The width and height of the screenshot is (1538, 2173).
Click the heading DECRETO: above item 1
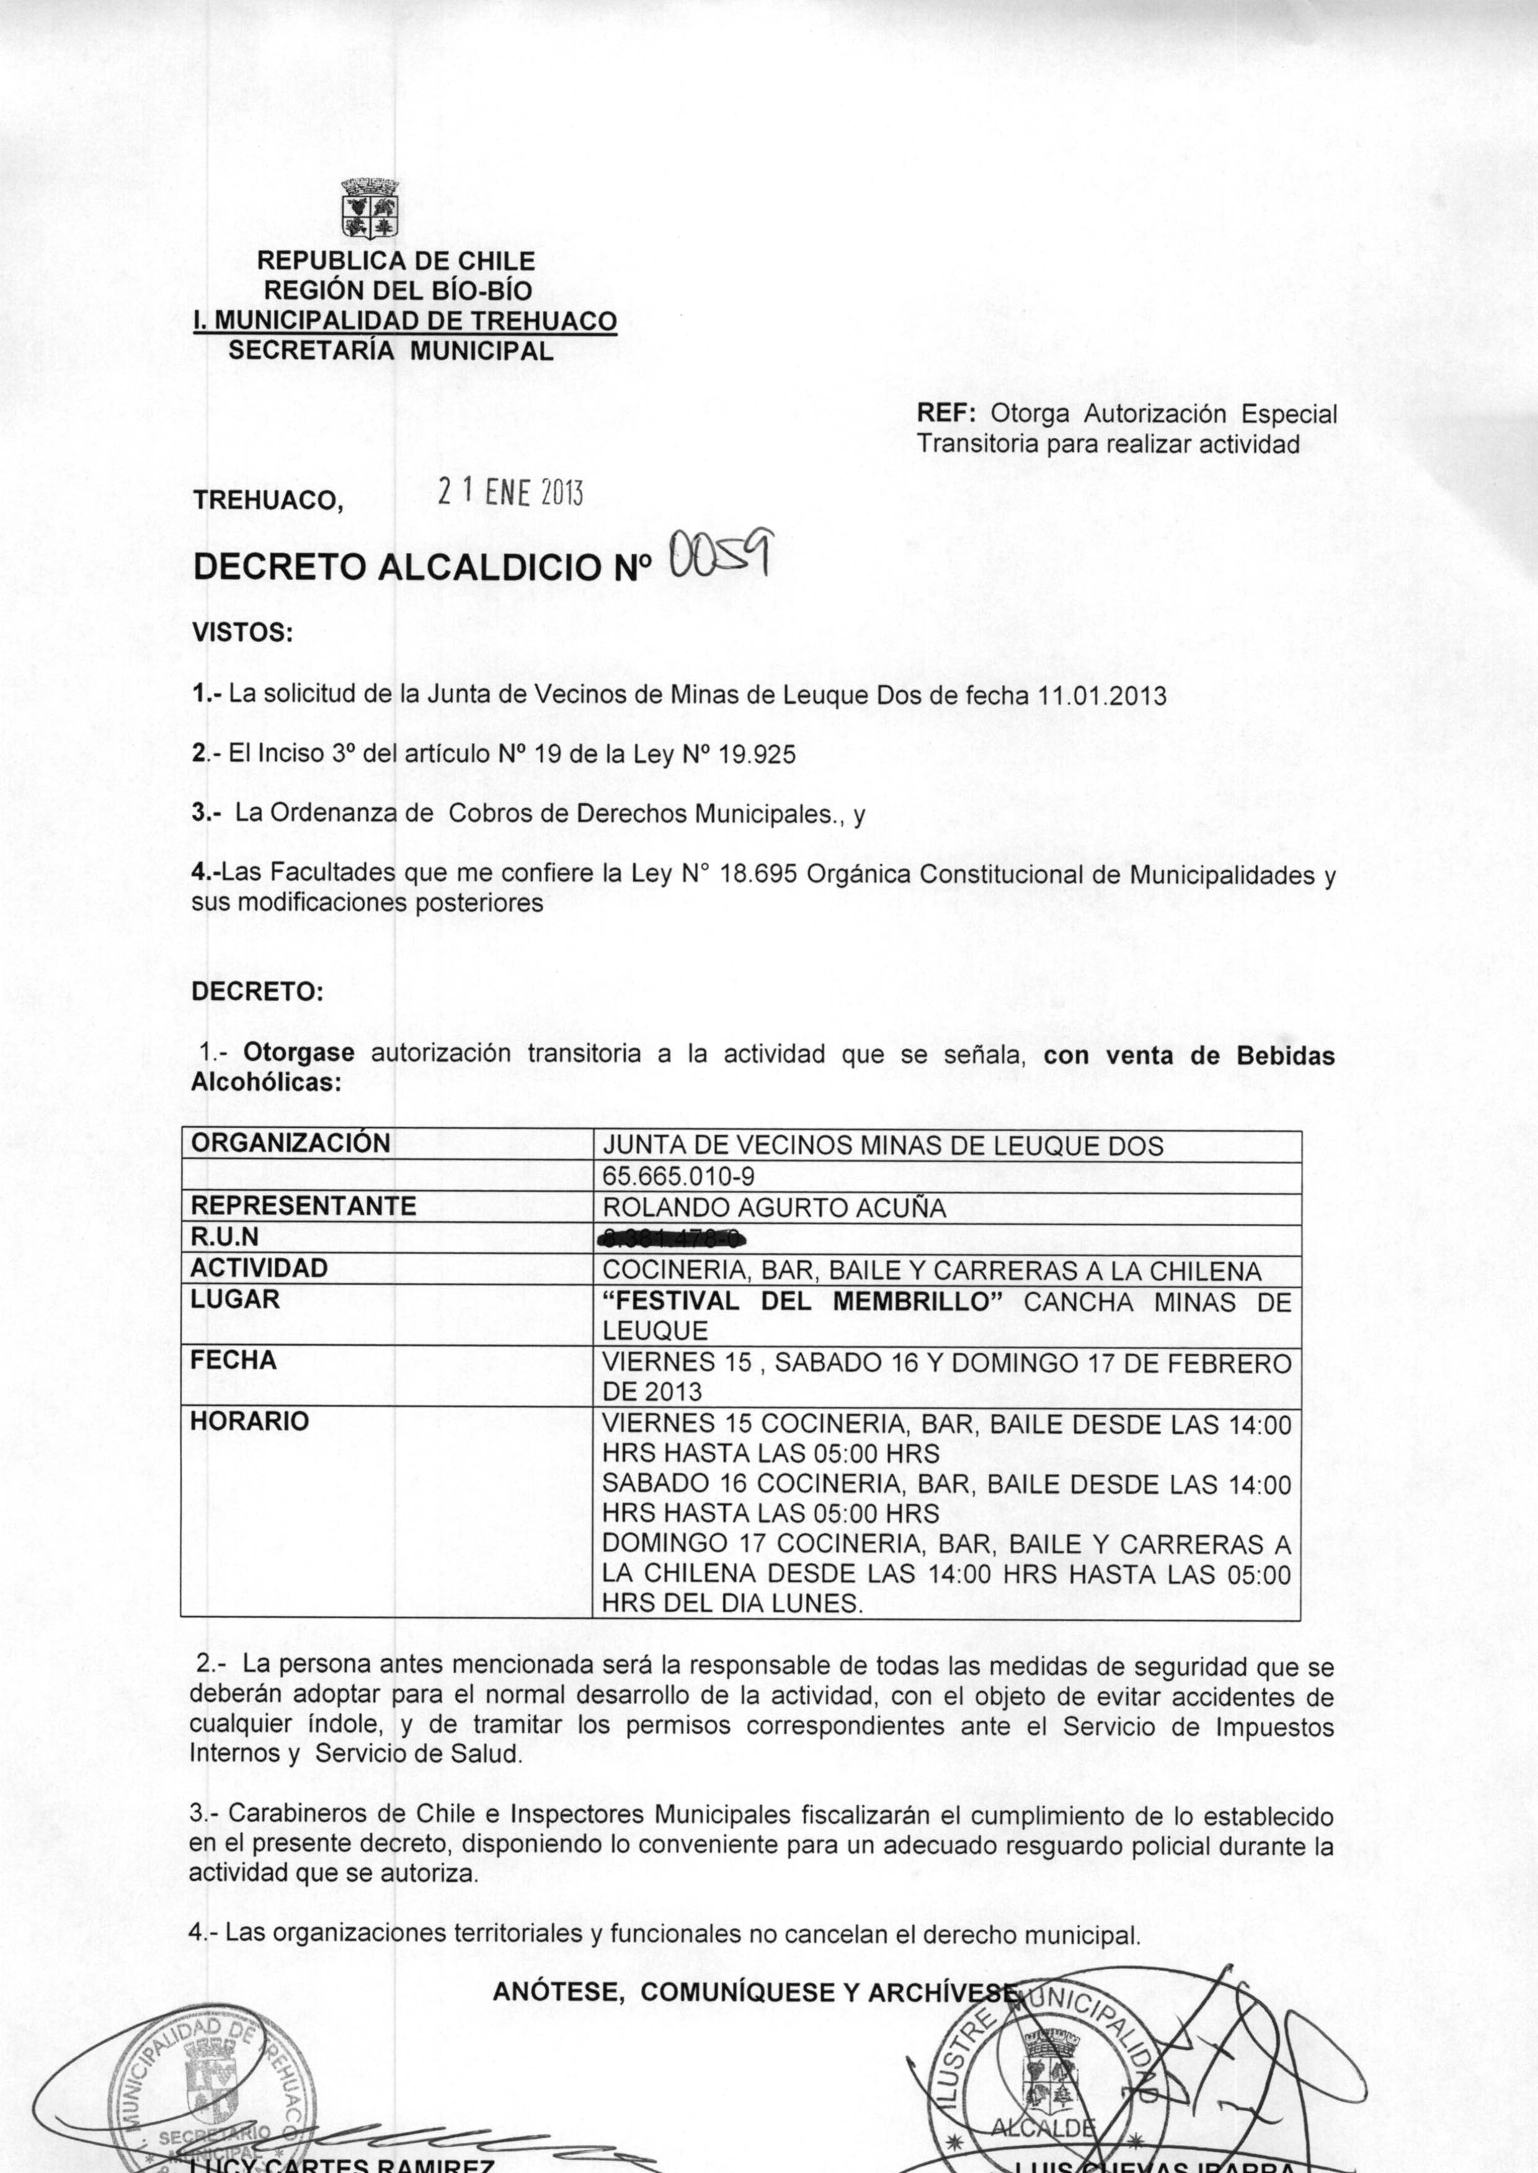point(257,992)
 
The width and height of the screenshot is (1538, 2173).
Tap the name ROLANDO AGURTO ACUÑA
point(774,1207)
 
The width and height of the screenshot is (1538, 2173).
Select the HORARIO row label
point(250,1421)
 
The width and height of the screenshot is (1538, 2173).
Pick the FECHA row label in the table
point(234,1361)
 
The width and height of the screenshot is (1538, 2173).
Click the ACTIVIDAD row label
point(259,1268)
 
